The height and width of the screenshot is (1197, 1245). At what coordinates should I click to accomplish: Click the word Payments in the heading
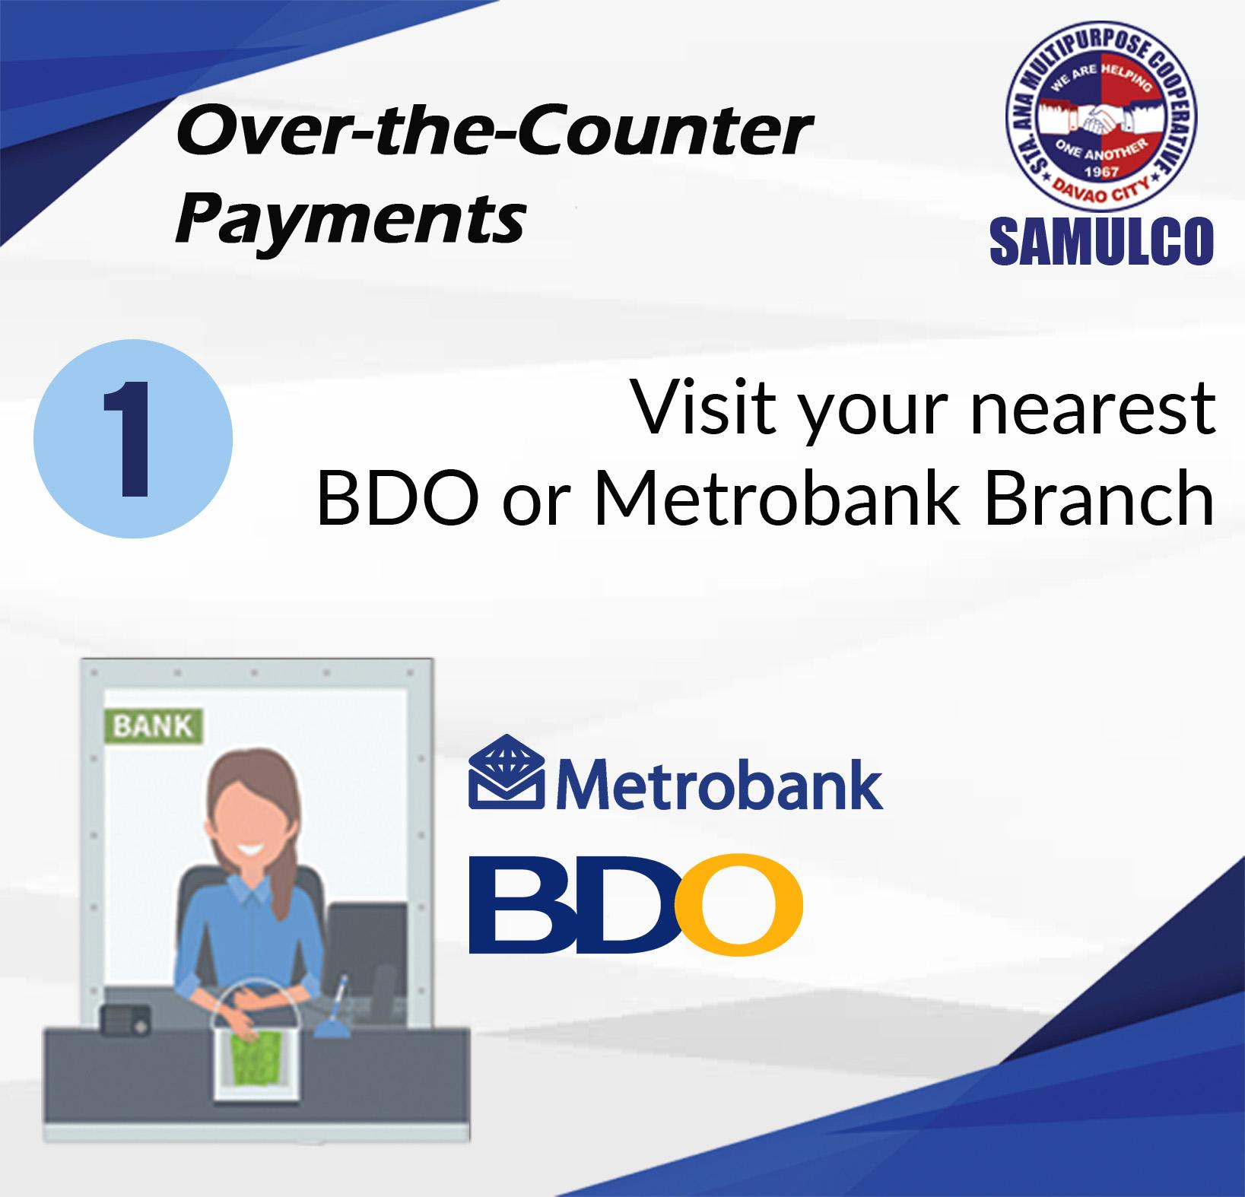351,218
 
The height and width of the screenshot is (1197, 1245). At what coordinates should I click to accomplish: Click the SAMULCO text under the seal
1101,240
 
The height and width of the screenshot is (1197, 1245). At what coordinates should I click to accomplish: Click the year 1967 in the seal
1100,171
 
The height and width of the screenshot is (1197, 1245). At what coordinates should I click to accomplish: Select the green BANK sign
154,726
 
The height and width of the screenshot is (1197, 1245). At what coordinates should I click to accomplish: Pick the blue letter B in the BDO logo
519,904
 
